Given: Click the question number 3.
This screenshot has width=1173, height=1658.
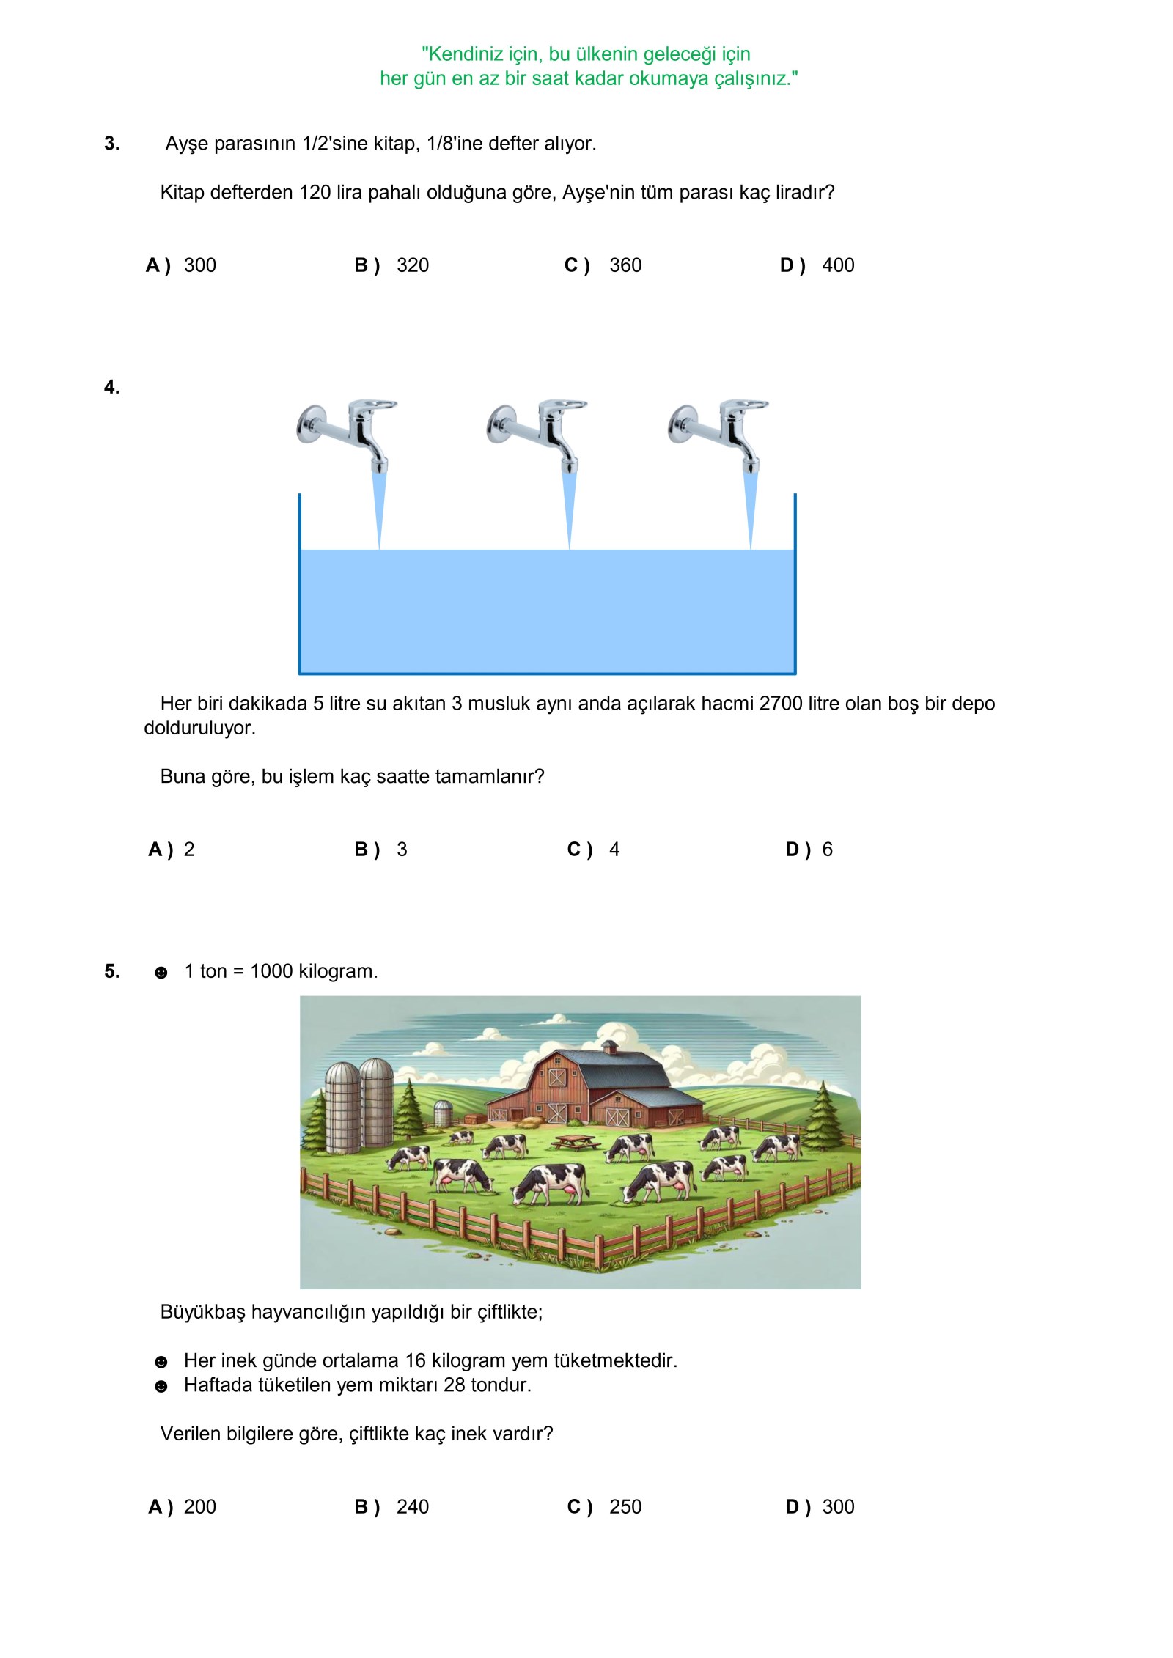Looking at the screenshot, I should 111,144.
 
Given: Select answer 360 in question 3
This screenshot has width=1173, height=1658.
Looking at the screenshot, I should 625,265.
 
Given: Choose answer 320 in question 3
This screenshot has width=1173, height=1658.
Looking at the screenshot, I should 412,265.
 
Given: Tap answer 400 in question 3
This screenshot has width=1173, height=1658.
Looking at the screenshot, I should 838,265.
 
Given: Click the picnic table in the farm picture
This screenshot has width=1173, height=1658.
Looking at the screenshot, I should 575,1142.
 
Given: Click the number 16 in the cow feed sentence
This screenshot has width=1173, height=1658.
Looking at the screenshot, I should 415,1360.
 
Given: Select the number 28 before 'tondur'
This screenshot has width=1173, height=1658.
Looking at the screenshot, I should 455,1385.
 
